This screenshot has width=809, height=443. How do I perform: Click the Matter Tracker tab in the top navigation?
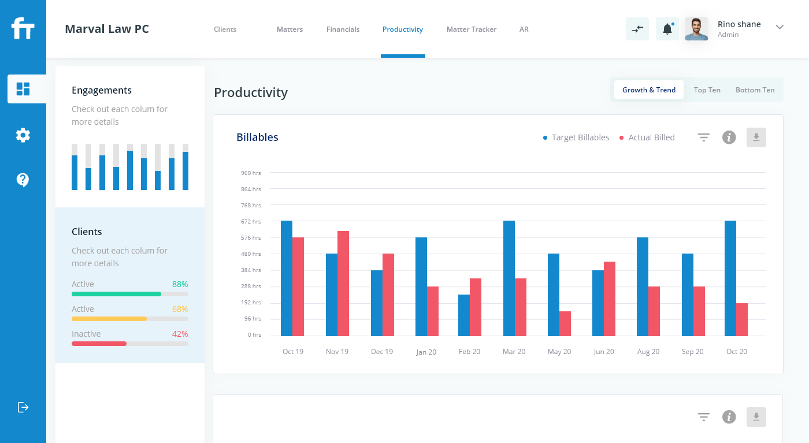[471, 29]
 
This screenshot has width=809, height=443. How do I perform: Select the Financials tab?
[343, 29]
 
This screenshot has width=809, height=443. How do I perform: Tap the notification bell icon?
[667, 29]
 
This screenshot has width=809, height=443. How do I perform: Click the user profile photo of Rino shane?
[696, 29]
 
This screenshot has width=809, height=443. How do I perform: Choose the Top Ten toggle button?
[707, 90]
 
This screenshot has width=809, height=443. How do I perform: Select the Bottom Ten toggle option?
[755, 90]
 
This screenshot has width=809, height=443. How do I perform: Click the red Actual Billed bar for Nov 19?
[343, 284]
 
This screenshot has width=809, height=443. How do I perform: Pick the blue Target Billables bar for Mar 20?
[509, 278]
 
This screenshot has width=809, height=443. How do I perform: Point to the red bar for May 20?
[565, 323]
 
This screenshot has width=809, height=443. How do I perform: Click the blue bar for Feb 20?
[464, 315]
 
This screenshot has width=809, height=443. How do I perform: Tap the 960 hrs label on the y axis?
[251, 173]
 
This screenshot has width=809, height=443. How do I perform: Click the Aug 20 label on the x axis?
[648, 352]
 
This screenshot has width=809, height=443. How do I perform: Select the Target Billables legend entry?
[576, 137]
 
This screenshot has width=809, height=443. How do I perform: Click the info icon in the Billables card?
[729, 137]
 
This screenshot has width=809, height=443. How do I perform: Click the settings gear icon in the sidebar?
[23, 135]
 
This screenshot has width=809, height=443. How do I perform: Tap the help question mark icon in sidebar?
[23, 180]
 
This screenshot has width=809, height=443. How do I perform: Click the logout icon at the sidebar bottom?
[23, 407]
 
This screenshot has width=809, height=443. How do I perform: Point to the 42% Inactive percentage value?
[180, 334]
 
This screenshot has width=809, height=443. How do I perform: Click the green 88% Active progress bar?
[116, 294]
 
